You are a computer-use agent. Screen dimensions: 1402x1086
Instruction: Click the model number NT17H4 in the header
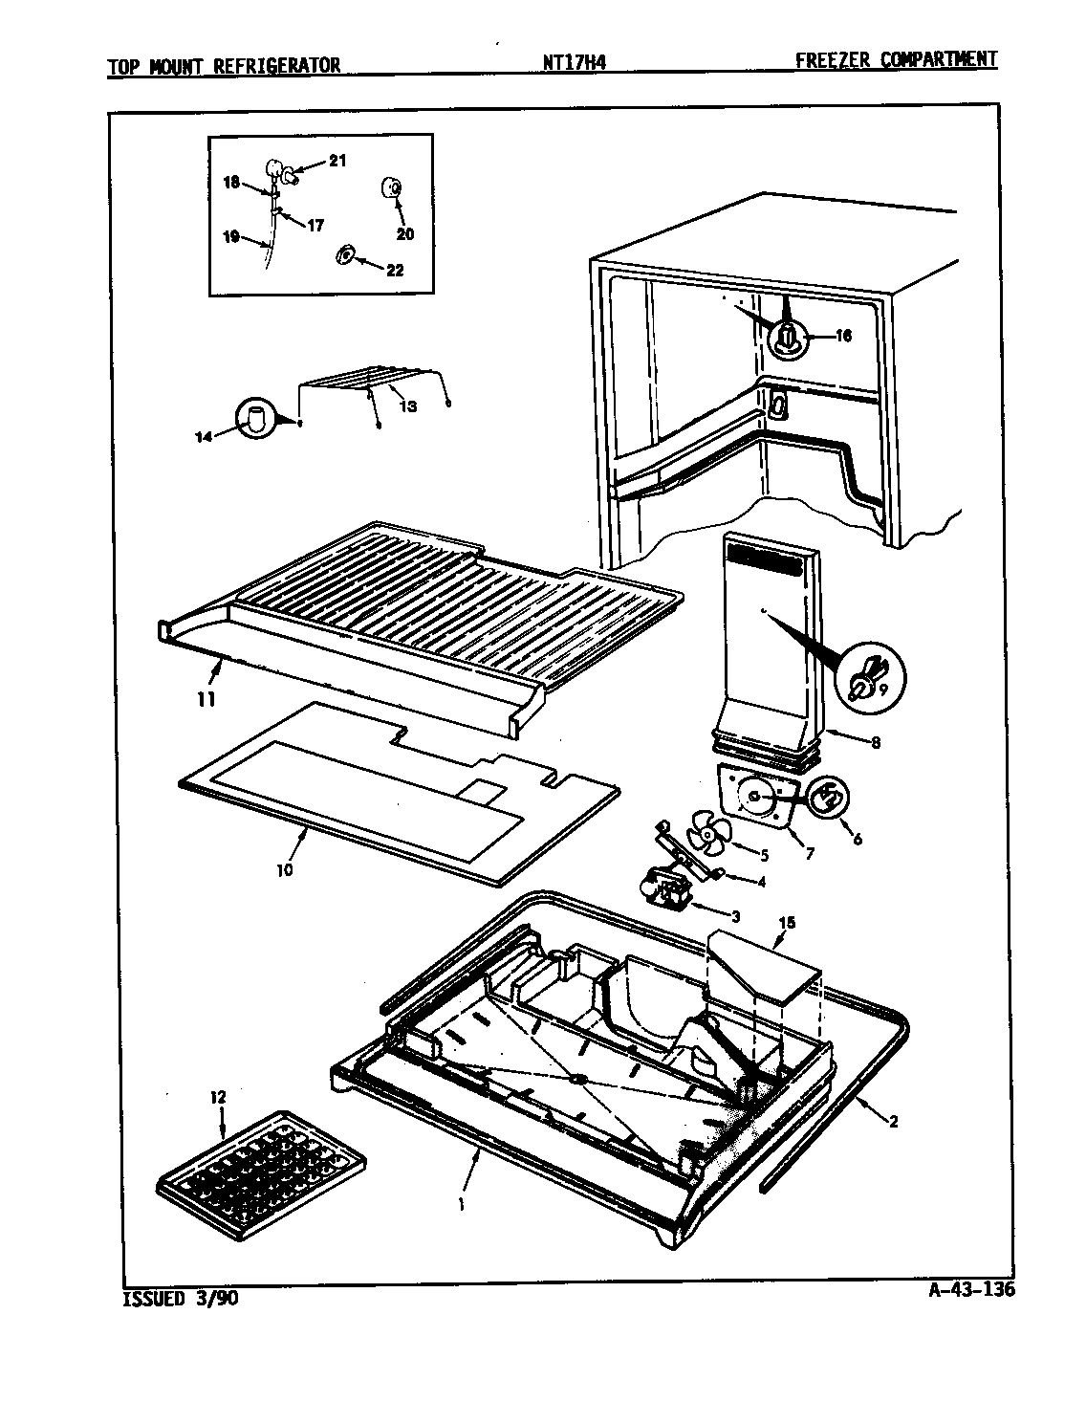pyautogui.click(x=575, y=63)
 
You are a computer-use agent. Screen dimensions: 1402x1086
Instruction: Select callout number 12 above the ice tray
pyautogui.click(x=219, y=1097)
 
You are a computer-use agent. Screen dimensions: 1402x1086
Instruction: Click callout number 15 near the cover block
pyautogui.click(x=787, y=923)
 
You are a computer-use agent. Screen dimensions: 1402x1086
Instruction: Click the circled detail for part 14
pyautogui.click(x=255, y=418)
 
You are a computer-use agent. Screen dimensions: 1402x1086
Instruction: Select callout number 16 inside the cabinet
pyautogui.click(x=842, y=336)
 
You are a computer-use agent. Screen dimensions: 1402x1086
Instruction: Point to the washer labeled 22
pyautogui.click(x=346, y=255)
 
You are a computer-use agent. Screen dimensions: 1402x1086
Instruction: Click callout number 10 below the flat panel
pyautogui.click(x=286, y=870)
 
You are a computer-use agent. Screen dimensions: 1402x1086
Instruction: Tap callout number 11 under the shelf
pyautogui.click(x=206, y=699)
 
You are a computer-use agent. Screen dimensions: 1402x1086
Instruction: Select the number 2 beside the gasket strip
pyautogui.click(x=893, y=1122)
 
